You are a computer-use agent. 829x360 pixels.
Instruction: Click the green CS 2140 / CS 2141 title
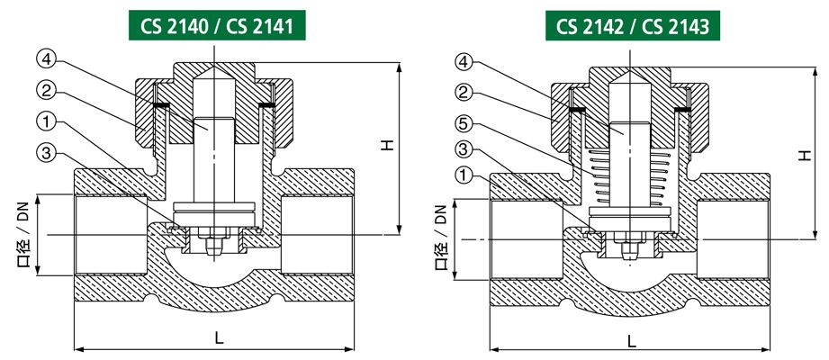point(222,24)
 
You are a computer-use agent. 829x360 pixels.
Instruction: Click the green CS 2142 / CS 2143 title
point(633,24)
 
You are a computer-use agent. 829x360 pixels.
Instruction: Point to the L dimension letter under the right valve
point(631,342)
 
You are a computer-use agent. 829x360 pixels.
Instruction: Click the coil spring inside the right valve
point(630,179)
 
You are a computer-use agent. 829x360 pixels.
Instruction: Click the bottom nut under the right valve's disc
point(630,246)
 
